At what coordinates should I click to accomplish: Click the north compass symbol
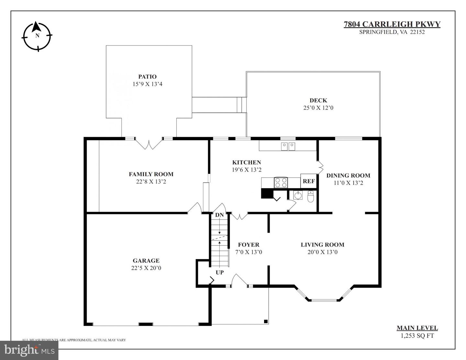tap(37, 36)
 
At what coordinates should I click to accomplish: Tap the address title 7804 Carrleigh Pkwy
tap(392, 24)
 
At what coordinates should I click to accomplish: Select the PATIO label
tap(147, 77)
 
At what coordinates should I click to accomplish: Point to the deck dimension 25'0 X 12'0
tap(318, 108)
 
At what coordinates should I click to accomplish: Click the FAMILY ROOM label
tap(151, 174)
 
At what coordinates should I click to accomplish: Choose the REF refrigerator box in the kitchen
tap(308, 181)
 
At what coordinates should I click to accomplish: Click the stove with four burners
tap(281, 183)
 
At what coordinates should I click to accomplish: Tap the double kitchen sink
tap(288, 146)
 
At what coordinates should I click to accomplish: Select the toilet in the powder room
tap(311, 197)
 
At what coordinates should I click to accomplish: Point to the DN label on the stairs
tap(219, 215)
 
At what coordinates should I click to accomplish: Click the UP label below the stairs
tap(220, 272)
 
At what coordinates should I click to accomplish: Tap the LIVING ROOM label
tap(322, 245)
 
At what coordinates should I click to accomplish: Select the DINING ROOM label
tap(348, 175)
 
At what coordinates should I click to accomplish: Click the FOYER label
tap(249, 245)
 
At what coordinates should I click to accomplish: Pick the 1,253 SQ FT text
tap(417, 336)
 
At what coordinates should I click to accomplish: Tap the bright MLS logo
tap(29, 350)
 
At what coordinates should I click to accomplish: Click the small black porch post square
tap(266, 321)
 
